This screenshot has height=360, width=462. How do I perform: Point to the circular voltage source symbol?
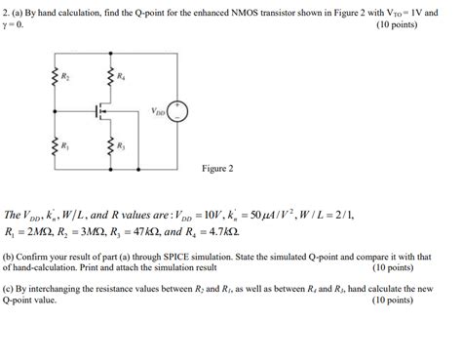click(177, 111)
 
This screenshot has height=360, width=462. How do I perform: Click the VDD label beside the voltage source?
click(157, 110)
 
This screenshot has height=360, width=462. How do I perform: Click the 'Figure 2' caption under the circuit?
click(216, 169)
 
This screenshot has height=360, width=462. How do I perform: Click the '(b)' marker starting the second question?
click(10, 256)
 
